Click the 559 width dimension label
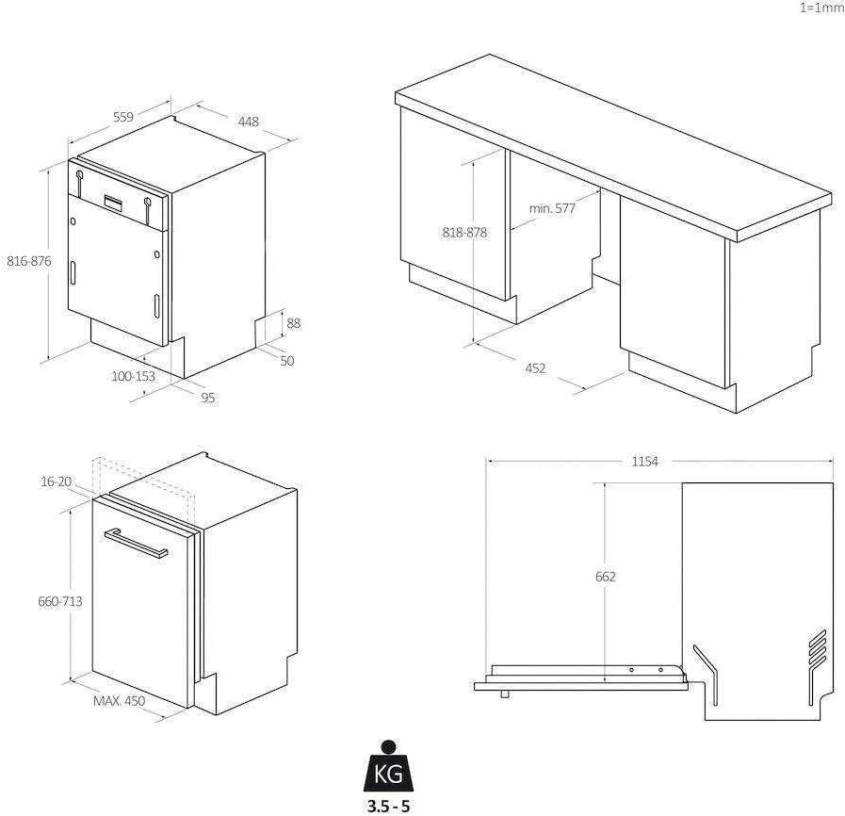(x=123, y=117)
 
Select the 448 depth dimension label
(x=249, y=122)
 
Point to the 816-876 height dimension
(x=29, y=261)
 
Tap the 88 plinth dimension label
(x=293, y=323)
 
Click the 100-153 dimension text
(x=133, y=376)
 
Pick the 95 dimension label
(x=208, y=398)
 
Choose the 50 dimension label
(x=287, y=361)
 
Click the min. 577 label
(x=552, y=208)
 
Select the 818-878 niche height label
(x=464, y=233)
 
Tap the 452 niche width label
(x=535, y=368)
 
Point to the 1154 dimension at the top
(x=645, y=462)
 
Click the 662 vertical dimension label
(x=605, y=577)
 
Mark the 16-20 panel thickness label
(x=56, y=481)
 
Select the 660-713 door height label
(x=59, y=601)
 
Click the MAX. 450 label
(x=119, y=701)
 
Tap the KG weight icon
(x=388, y=769)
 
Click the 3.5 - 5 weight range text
(x=388, y=807)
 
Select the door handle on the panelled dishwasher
(x=136, y=543)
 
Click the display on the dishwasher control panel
(x=114, y=202)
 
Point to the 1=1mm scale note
(x=821, y=8)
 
